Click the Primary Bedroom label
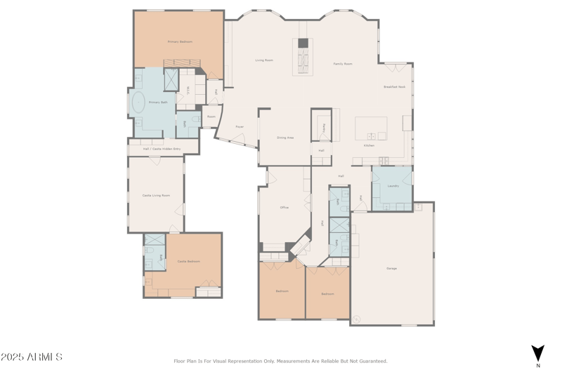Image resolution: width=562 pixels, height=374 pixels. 180,42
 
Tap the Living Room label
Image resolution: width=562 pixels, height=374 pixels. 264,60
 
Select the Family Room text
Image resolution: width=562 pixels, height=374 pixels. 343,64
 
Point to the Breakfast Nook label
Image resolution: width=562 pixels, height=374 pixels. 394,87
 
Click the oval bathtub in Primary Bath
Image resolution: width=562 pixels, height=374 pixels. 138,102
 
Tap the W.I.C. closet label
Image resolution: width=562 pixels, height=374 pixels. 188,89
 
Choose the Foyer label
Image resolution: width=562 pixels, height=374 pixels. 240,127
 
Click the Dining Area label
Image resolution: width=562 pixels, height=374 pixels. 285,138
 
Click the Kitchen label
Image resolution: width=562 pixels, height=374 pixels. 369,145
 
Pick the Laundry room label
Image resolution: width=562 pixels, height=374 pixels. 393,186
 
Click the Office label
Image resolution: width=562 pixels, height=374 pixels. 285,208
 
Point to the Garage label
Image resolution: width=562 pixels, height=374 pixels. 391,269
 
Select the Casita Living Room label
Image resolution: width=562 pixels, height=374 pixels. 156,195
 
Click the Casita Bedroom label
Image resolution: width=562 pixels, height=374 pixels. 188,261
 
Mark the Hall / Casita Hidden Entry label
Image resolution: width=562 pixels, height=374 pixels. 162,149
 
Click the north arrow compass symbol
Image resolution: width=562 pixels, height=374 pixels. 537,353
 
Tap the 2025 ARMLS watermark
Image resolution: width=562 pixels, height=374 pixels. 32,357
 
